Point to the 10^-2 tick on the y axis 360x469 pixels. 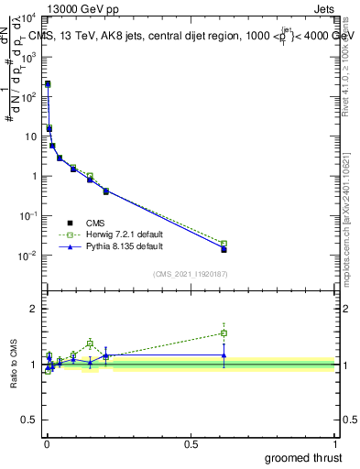pyautogui.click(x=27, y=256)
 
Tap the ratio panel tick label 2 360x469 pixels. pyautogui.click(x=34, y=309)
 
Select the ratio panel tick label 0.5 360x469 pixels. pyautogui.click(x=29, y=422)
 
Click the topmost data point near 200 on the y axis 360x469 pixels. pyautogui.click(x=48, y=83)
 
